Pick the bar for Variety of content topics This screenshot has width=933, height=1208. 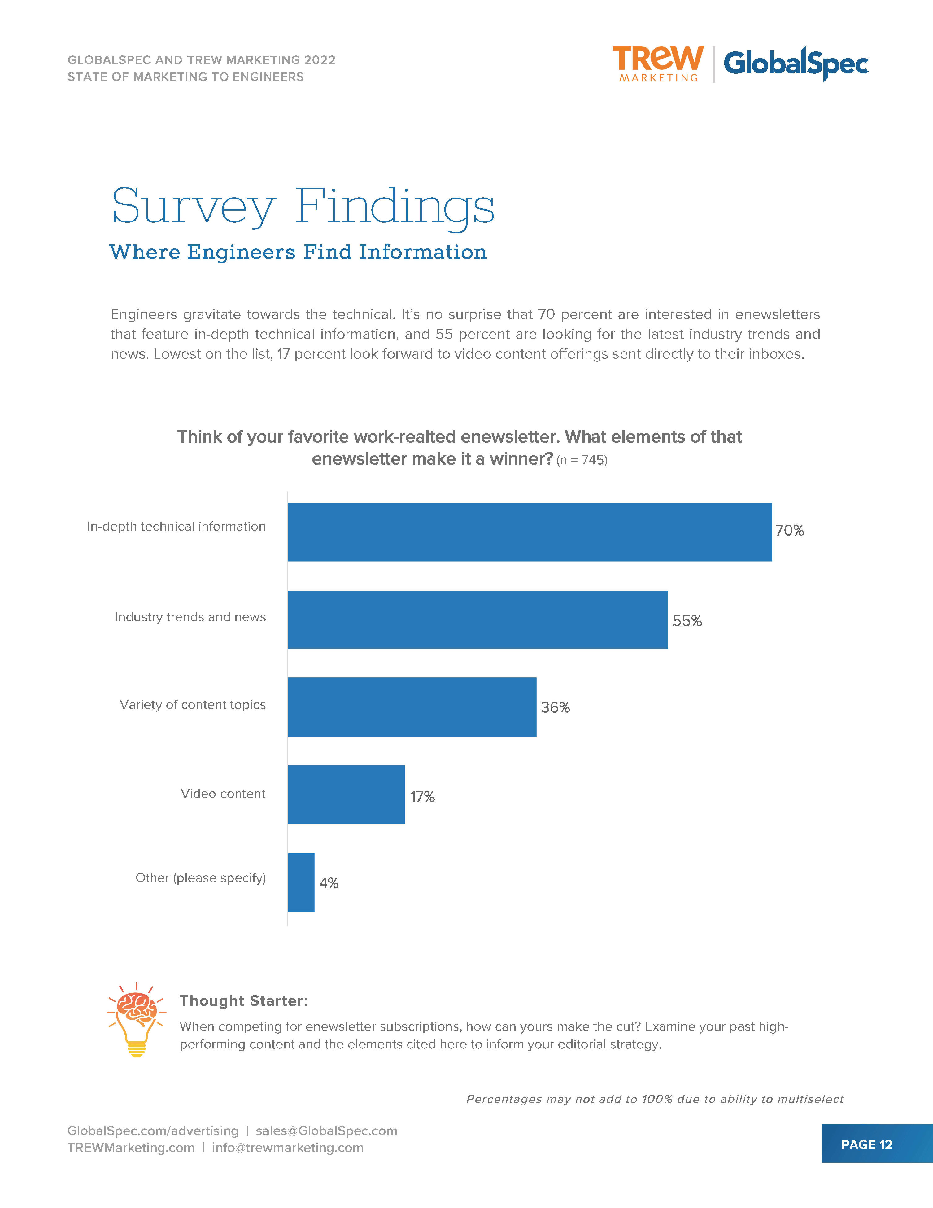tap(412, 707)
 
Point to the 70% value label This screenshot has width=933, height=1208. tap(789, 530)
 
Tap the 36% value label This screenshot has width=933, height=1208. tap(555, 707)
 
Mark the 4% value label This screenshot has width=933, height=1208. tap(329, 883)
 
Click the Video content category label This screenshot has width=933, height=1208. tap(223, 794)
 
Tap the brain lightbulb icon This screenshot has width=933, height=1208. tap(136, 1019)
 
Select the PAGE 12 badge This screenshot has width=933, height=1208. tap(867, 1145)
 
